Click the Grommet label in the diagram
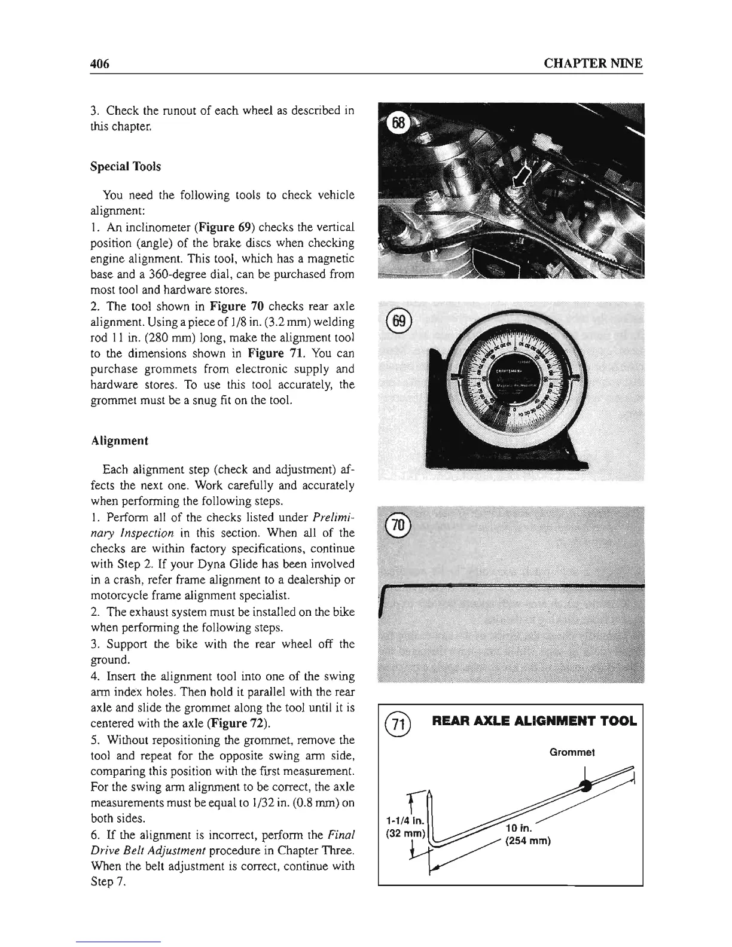pyautogui.click(x=571, y=752)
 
